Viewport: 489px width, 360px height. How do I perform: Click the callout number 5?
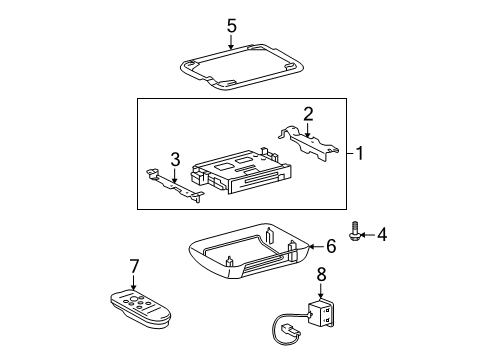[231, 27]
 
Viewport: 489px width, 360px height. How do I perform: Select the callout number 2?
[309, 113]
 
